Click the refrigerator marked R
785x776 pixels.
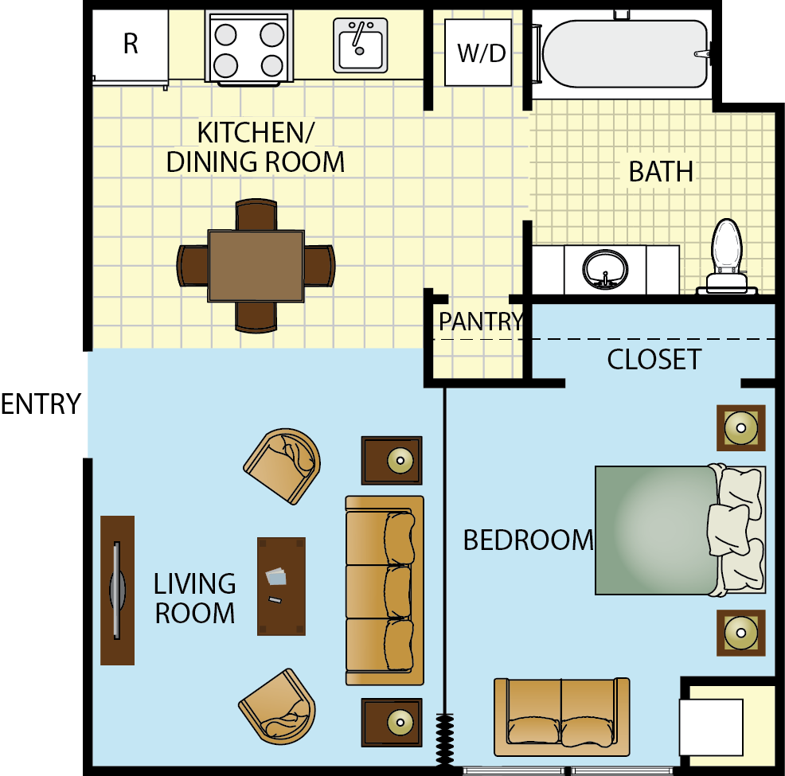point(130,46)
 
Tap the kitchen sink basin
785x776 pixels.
point(361,45)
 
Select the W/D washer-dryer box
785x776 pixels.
point(478,53)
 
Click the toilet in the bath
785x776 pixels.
point(727,256)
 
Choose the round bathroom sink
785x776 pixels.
point(605,270)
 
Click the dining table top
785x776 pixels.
point(256,266)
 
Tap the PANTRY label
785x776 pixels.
point(481,322)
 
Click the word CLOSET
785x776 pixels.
point(654,359)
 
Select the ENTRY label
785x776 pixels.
point(41,404)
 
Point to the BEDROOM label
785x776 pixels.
point(528,540)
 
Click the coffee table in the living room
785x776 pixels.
point(281,587)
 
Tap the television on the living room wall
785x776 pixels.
point(117,591)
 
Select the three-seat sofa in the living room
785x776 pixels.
point(385,591)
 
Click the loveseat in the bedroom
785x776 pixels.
point(562,716)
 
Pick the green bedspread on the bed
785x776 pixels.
point(656,530)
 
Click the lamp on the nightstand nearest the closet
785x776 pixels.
point(741,427)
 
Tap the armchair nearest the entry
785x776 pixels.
point(283,466)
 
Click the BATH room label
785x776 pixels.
point(661,172)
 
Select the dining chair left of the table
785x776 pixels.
point(193,266)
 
